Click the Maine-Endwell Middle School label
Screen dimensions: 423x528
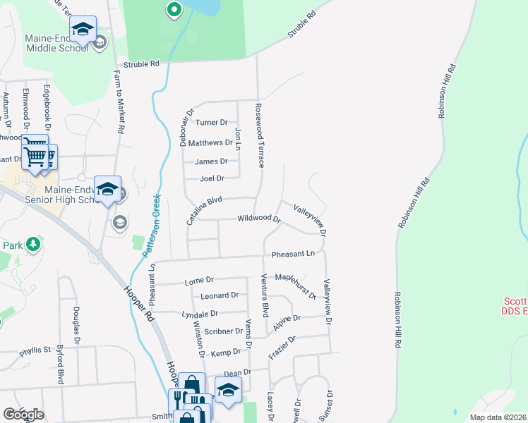pos(56,43)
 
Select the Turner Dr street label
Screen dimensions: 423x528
pos(212,123)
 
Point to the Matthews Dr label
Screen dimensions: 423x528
pos(210,142)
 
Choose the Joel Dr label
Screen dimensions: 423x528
pos(212,179)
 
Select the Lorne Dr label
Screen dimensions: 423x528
pos(198,281)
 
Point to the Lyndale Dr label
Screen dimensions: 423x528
pos(200,314)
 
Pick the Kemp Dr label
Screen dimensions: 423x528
pos(226,352)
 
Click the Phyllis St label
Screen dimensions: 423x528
pos(36,350)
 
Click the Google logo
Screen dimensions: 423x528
pos(23,415)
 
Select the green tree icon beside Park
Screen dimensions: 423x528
pos(32,245)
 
